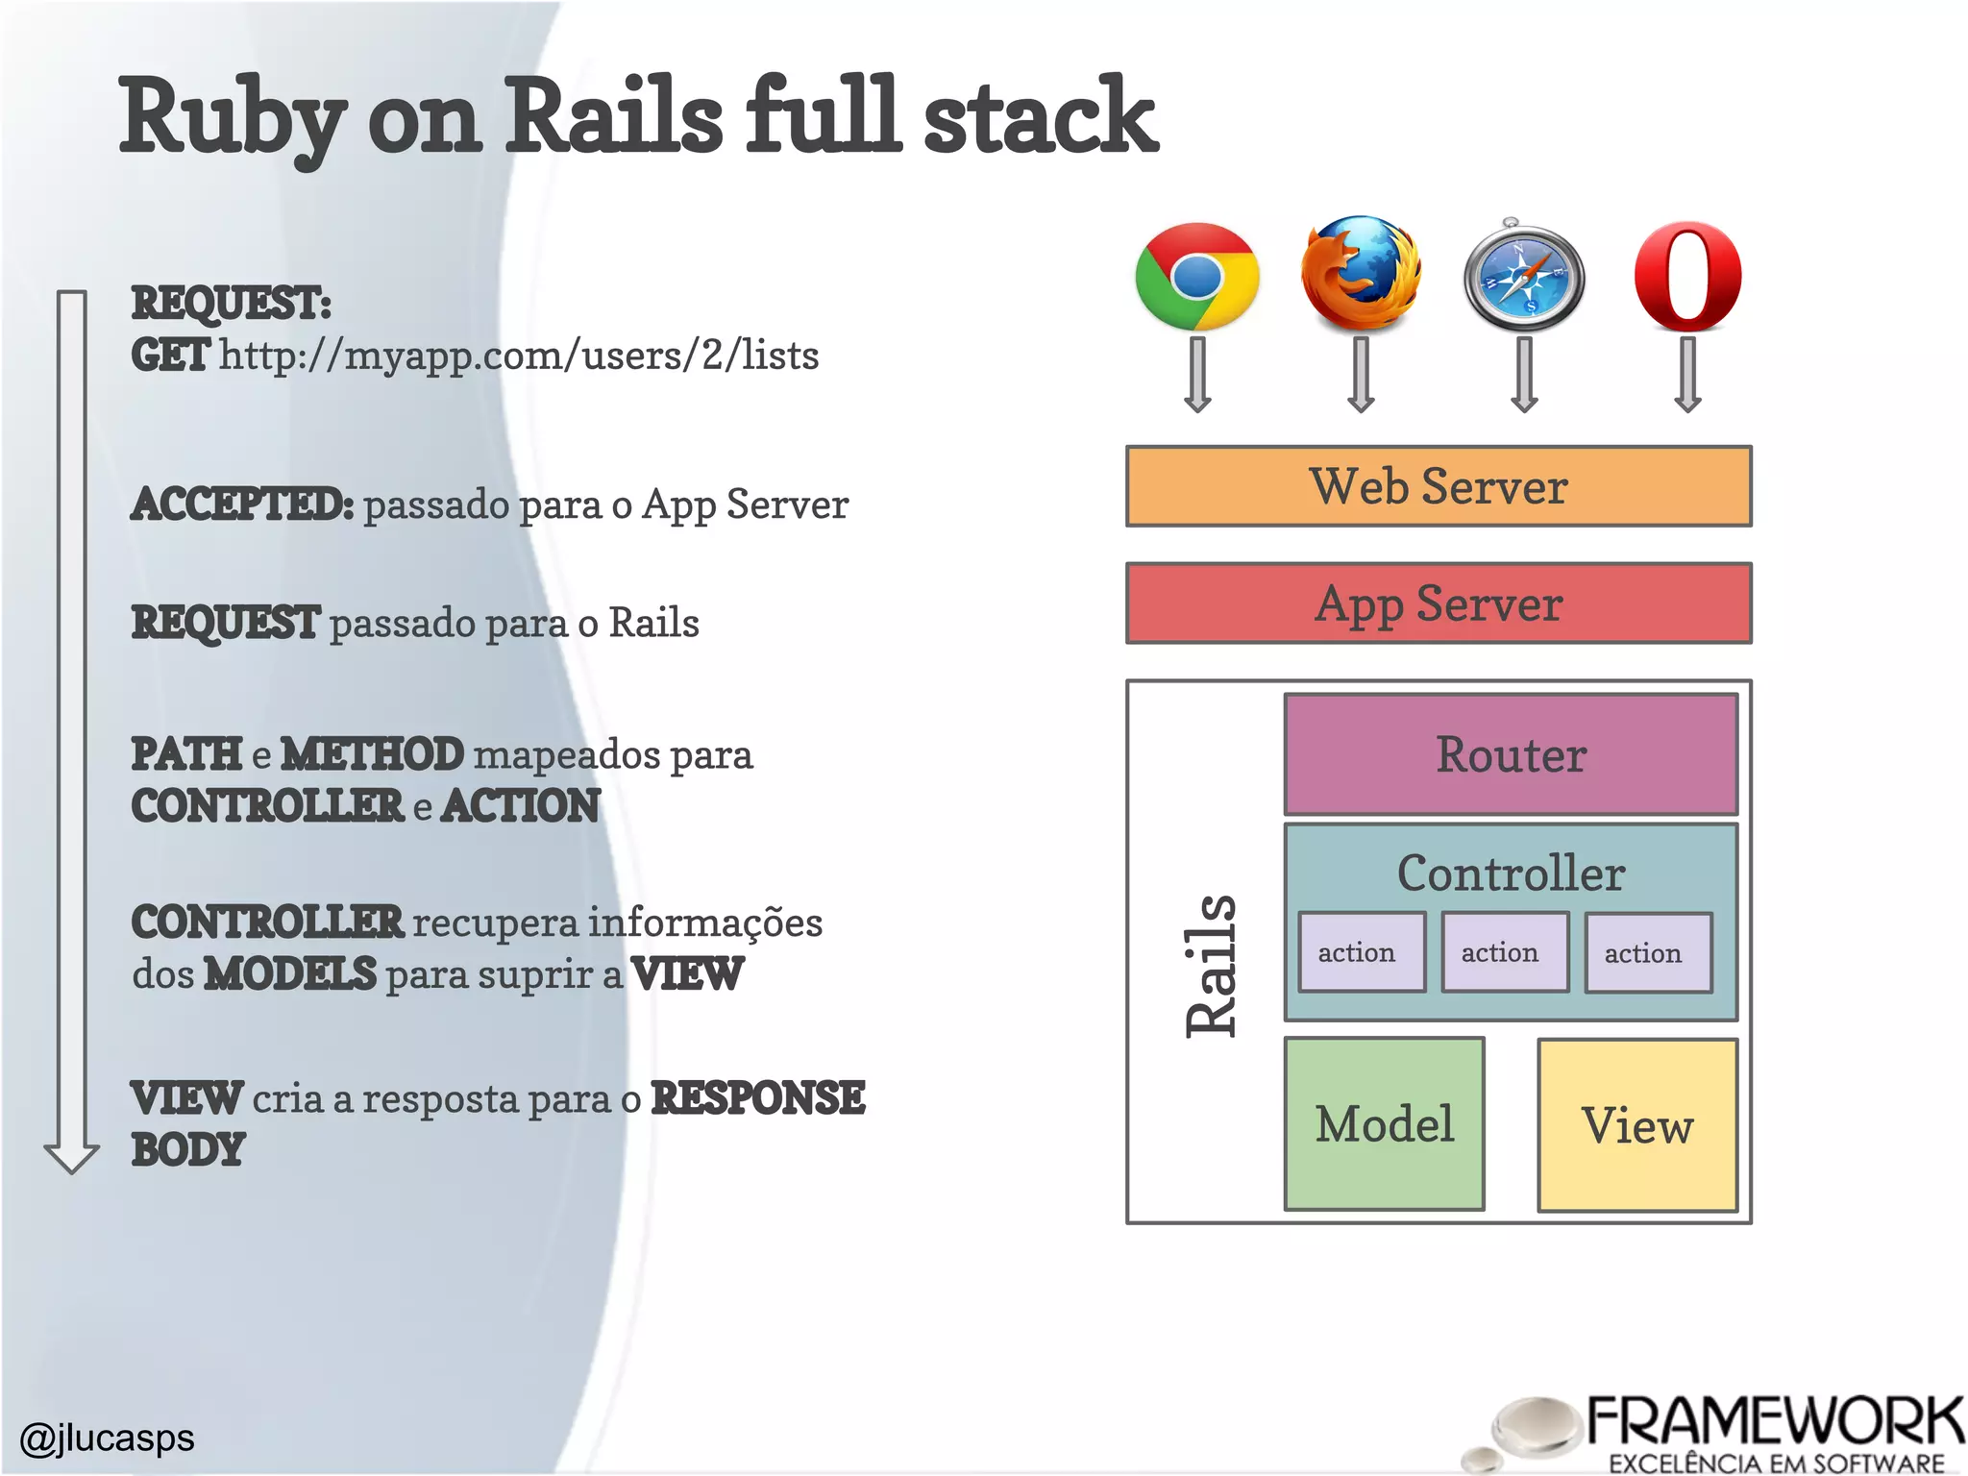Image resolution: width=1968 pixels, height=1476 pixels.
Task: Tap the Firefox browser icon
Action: click(x=1360, y=274)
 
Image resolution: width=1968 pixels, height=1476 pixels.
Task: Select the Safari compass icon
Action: click(x=1523, y=278)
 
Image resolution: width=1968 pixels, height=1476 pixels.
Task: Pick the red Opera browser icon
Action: click(x=1688, y=276)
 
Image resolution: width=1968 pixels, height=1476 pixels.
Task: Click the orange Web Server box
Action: click(x=1439, y=486)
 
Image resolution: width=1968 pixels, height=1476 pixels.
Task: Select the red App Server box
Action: click(x=1439, y=603)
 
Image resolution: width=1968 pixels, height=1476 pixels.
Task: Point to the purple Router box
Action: click(x=1511, y=754)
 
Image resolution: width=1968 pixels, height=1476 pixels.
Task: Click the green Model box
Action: click(x=1384, y=1124)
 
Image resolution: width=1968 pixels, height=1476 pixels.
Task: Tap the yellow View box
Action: click(x=1637, y=1125)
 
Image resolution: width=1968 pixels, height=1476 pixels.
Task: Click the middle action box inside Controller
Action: click(x=1504, y=952)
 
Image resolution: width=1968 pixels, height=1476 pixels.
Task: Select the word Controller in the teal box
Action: click(x=1511, y=873)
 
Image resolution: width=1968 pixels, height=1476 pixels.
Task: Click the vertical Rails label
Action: click(x=1211, y=965)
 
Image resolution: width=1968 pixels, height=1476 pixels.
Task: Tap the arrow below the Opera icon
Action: click(x=1688, y=375)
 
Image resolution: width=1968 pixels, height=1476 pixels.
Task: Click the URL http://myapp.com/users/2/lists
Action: click(x=519, y=356)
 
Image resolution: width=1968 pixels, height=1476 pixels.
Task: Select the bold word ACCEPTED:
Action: click(x=242, y=504)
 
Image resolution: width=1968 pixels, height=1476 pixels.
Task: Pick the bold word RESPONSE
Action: click(x=758, y=1098)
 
